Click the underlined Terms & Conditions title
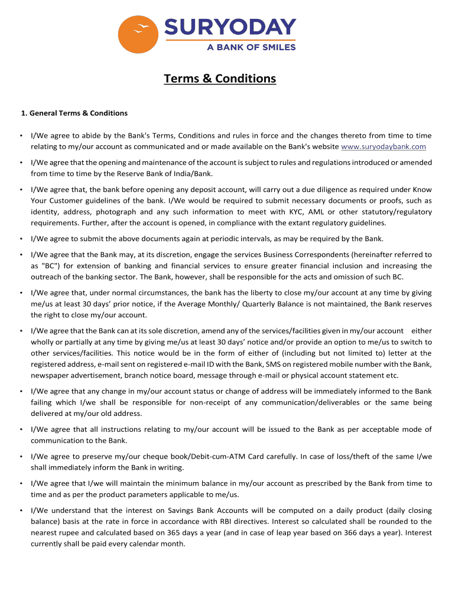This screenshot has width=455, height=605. (220, 79)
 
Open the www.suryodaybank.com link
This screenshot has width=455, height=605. (383, 147)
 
